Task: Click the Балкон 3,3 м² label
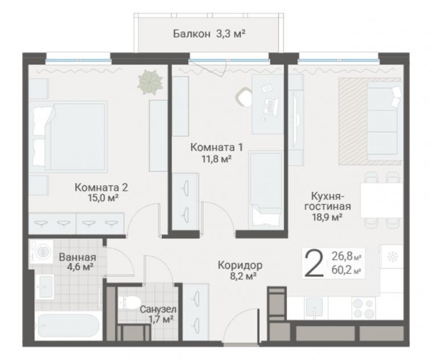pos(209,34)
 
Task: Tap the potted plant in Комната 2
pos(150,82)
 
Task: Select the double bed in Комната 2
pos(68,137)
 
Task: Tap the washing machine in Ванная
pos(42,251)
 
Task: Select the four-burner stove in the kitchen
pos(364,308)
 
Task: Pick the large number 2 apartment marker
pos(314,264)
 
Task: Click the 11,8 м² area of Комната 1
pos(216,159)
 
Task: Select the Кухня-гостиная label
pos(328,201)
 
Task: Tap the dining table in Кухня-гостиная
pos(382,201)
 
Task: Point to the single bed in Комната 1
pos(266,190)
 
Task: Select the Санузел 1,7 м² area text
pos(157,314)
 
